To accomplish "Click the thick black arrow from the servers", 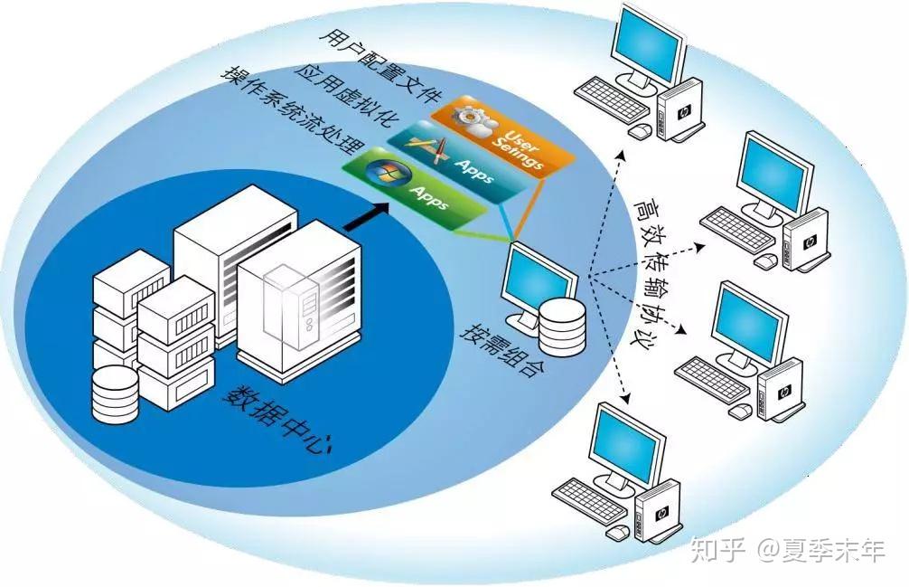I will (366, 215).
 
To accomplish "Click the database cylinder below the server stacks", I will (117, 394).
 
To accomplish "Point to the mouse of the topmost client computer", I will (640, 131).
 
